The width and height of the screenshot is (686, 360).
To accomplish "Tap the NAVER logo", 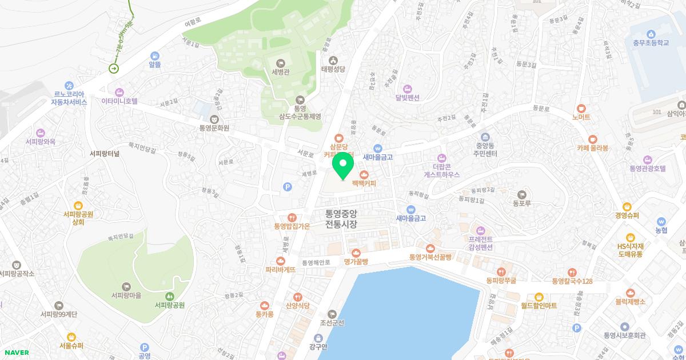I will (x=15, y=353).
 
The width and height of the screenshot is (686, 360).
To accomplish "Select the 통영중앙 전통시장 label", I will (x=341, y=219).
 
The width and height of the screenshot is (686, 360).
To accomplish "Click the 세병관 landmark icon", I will (x=281, y=62).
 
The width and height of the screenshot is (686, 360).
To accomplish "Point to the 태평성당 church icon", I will (x=334, y=59).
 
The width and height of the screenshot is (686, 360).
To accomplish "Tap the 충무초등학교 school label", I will (x=651, y=42).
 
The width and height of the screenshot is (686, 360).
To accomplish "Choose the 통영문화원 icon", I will (x=214, y=118).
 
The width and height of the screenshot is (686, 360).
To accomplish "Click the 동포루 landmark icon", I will (x=521, y=195).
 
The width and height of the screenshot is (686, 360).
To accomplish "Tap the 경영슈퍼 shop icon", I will (x=627, y=206).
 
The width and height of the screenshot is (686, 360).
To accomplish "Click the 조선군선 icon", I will (x=332, y=314).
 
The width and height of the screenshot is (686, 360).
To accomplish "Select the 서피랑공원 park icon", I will (x=169, y=296).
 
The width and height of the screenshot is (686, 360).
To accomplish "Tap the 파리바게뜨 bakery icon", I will (x=280, y=261).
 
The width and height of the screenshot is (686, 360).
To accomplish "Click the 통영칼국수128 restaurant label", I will (x=572, y=281).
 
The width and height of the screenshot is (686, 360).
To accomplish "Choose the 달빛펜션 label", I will (x=407, y=97).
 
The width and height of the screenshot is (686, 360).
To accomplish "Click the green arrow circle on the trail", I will (x=114, y=69).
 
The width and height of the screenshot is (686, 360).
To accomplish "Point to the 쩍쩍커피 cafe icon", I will (x=363, y=174).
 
